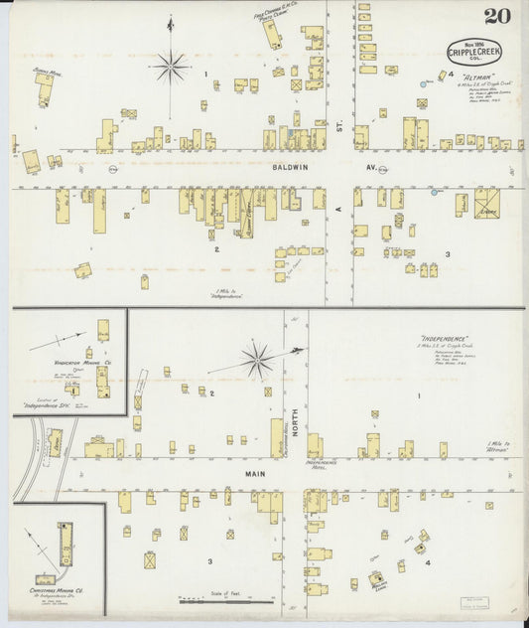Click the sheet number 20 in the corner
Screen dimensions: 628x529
(x=494, y=16)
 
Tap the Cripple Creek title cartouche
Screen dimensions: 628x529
(x=474, y=51)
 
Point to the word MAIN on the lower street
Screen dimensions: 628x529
(x=253, y=475)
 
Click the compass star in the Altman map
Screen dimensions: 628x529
(x=171, y=68)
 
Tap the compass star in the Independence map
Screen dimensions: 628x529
(x=257, y=360)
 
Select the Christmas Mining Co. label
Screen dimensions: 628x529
(x=55, y=590)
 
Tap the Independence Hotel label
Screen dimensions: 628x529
(x=322, y=463)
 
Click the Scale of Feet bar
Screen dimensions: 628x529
(x=227, y=600)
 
